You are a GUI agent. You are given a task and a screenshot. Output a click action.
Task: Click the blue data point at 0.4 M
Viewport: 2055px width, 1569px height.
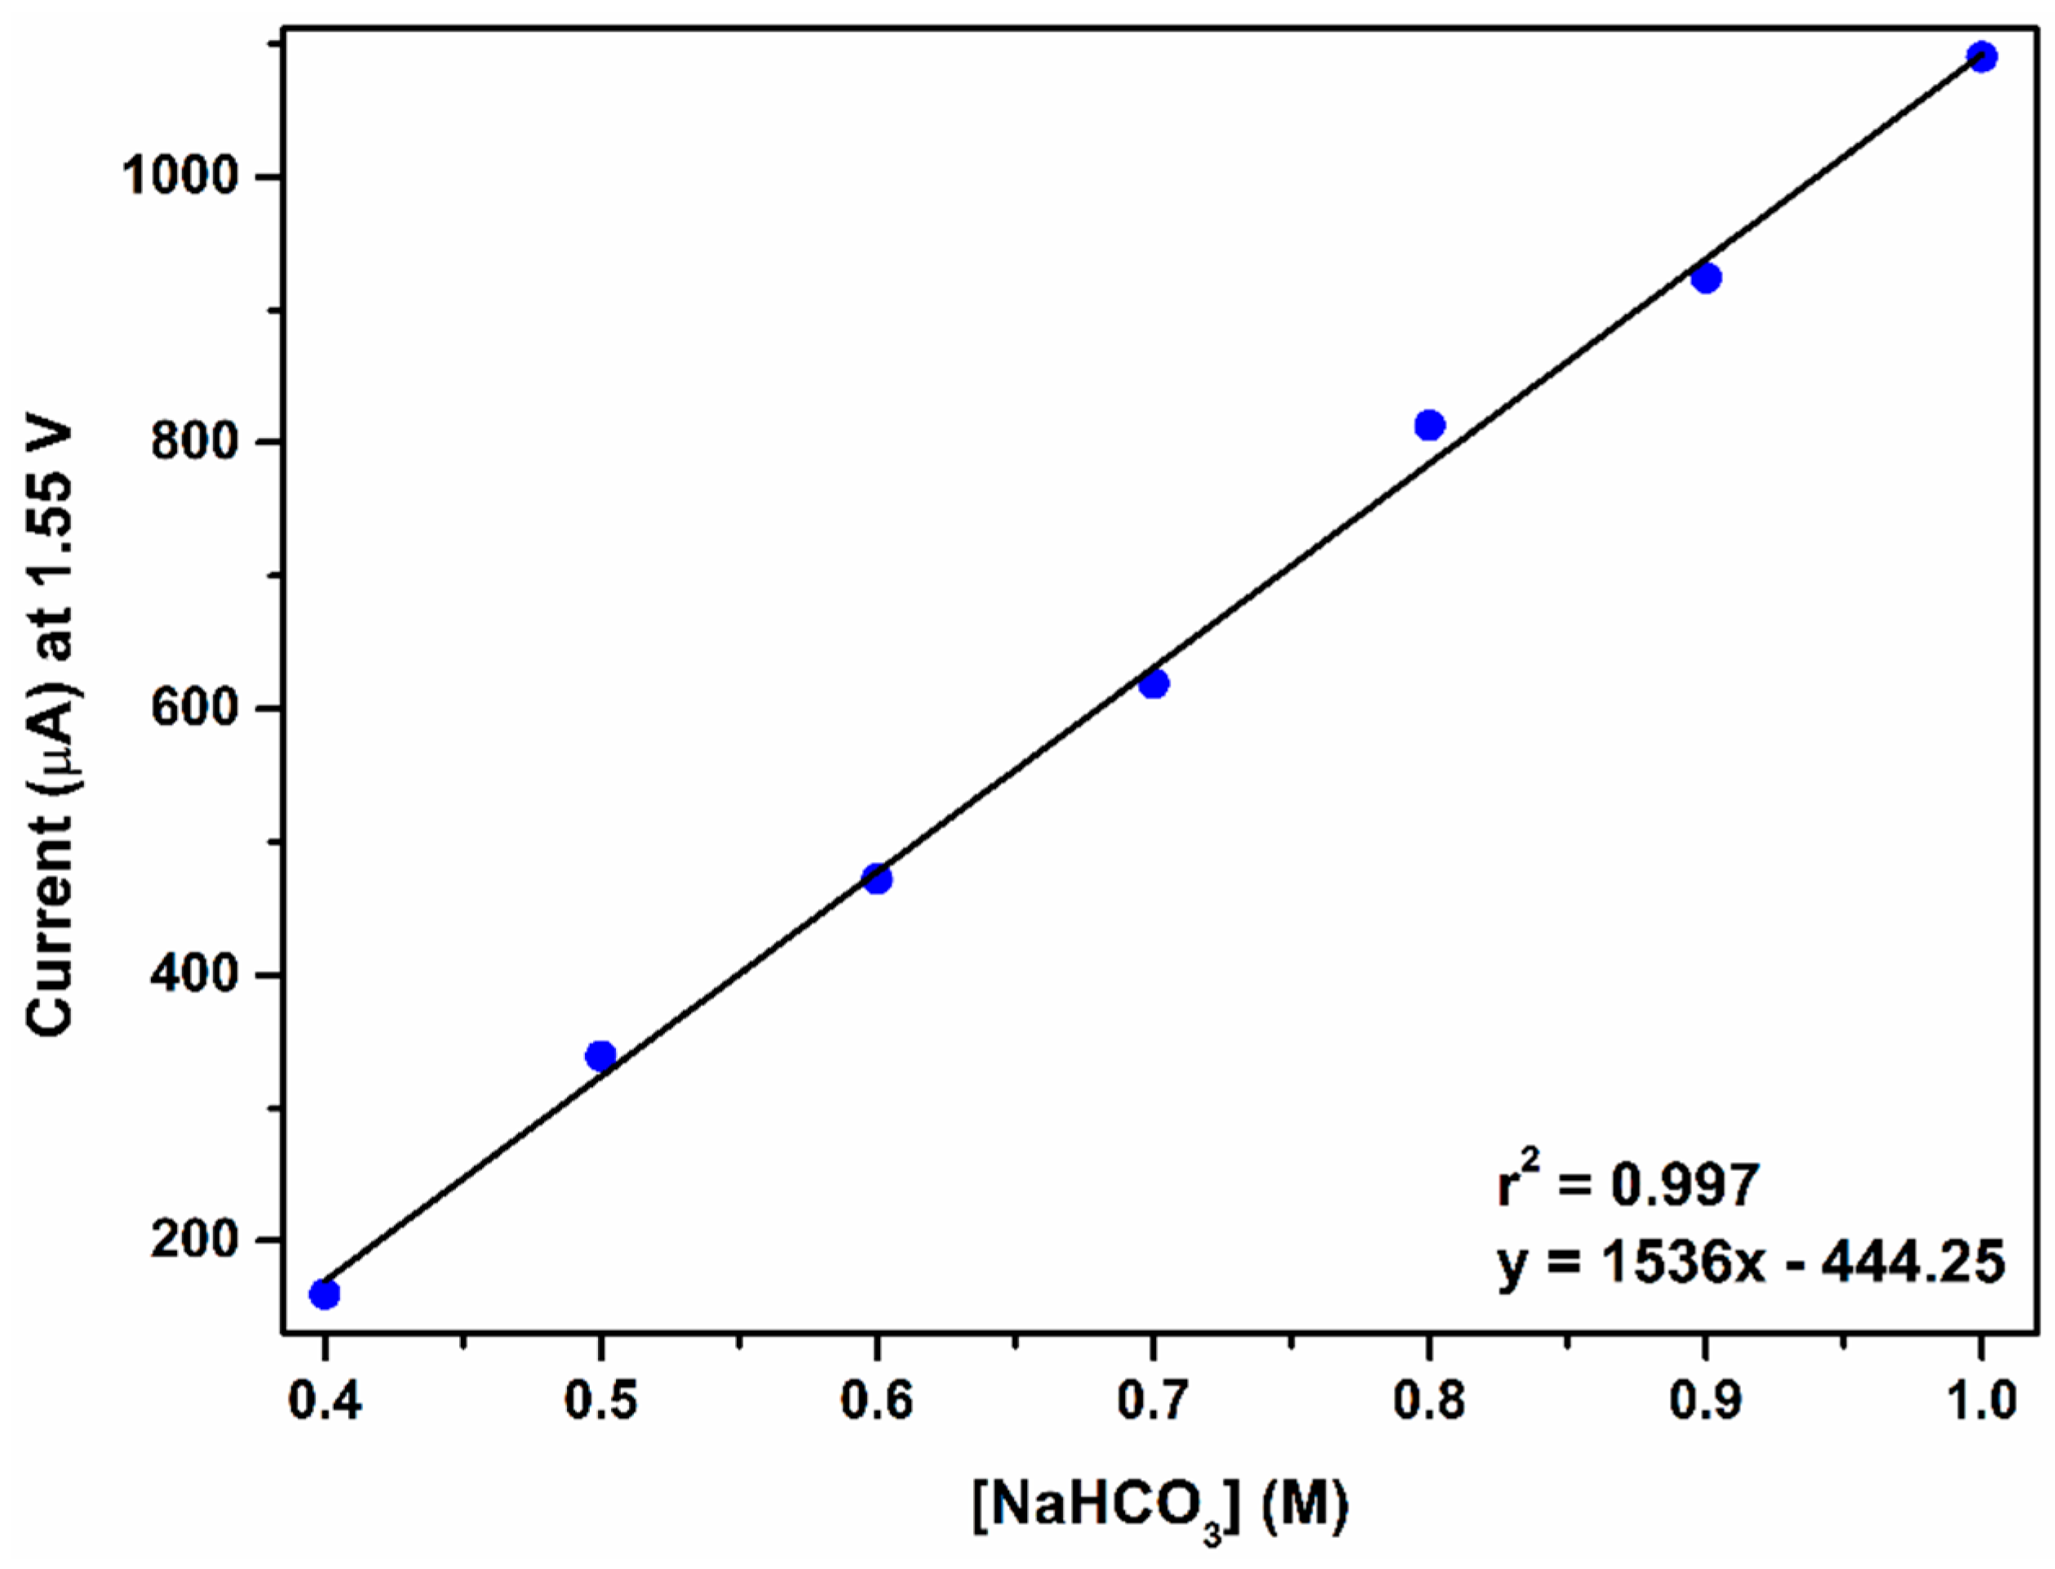click(x=323, y=1293)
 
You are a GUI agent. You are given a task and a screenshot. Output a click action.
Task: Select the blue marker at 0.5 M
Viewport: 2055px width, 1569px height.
click(x=600, y=1056)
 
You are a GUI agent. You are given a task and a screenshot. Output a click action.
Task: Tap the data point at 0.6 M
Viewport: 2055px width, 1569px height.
click(x=876, y=879)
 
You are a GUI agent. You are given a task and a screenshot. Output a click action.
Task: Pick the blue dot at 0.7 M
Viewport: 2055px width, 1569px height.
click(x=1154, y=683)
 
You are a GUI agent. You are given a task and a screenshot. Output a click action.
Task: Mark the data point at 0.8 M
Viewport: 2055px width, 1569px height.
click(x=1429, y=426)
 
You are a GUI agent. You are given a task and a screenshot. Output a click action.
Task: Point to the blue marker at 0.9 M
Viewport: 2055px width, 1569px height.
click(x=1706, y=278)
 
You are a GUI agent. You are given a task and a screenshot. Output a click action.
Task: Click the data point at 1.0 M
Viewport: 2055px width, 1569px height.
click(x=1982, y=57)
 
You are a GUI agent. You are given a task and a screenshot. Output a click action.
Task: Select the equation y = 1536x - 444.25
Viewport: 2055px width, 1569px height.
click(x=1751, y=1262)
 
